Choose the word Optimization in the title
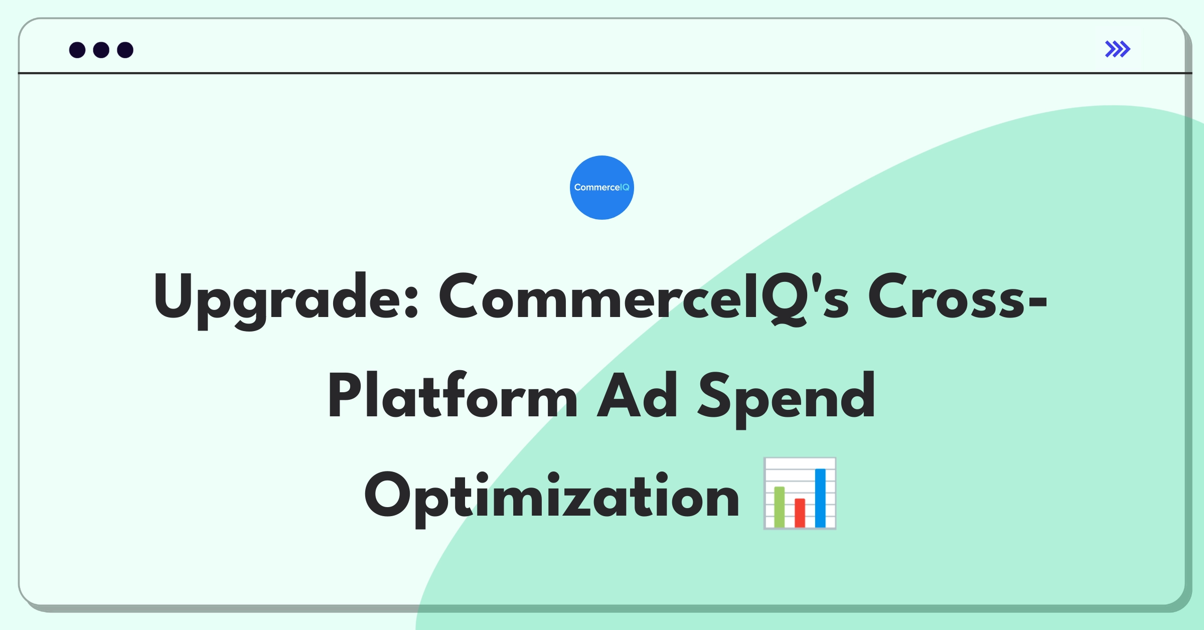[x=552, y=498]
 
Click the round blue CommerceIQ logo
[x=602, y=188]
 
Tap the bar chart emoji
[x=800, y=494]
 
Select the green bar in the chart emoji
[x=779, y=507]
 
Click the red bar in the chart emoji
[x=800, y=513]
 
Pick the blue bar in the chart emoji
[x=820, y=498]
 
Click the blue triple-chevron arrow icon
[x=1118, y=49]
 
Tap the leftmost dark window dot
[x=77, y=50]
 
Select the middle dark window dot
[x=101, y=50]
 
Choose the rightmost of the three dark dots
[x=125, y=50]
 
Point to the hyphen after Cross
[x=1037, y=301]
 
